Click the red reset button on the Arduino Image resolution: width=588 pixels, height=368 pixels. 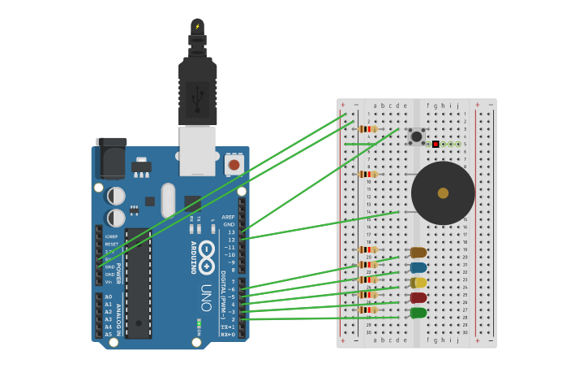pos(234,165)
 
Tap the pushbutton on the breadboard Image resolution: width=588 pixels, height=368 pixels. pos(416,136)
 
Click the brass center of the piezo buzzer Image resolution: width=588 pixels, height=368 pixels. pos(443,193)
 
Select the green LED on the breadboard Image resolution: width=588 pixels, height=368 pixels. pos(418,313)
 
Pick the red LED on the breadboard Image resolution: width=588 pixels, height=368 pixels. pos(418,297)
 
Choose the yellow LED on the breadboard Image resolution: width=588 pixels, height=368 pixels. pos(418,283)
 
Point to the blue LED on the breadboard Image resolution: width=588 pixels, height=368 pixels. pos(418,267)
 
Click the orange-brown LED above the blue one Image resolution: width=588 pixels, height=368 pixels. pos(418,253)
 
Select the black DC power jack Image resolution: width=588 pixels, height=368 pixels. pos(110,158)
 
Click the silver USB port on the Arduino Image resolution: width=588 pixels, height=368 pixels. pos(197,151)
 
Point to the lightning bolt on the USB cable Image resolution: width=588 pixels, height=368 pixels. pos(197,26)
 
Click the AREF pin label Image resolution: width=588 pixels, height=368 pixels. pos(228,217)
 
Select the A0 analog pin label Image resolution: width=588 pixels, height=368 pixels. pos(108,297)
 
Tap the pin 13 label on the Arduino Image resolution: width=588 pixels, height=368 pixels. pos(230,232)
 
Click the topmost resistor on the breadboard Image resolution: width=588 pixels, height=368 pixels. pos(368,129)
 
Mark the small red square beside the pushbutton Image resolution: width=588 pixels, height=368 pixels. pos(436,144)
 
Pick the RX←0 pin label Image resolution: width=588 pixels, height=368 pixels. pos(228,334)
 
